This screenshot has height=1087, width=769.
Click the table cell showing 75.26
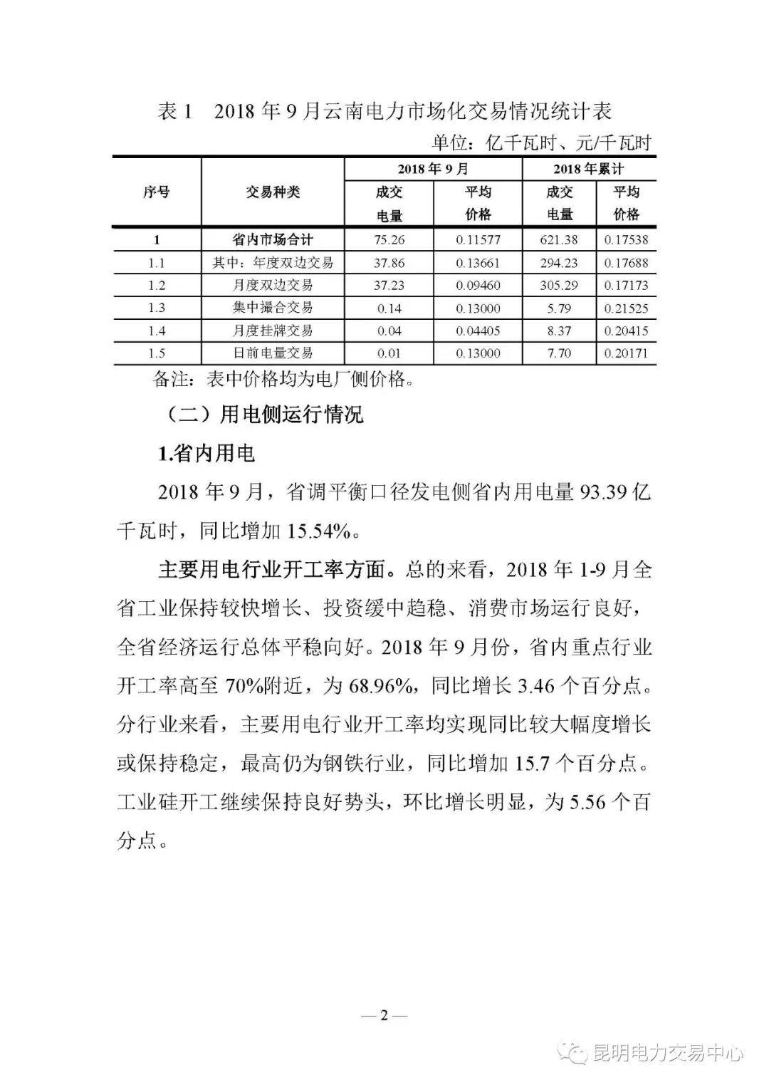click(389, 240)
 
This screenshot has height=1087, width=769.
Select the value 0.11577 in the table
click(478, 240)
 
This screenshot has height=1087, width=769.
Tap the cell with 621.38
click(559, 240)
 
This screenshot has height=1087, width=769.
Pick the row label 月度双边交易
click(273, 285)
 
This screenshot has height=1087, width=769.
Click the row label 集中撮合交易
click(273, 308)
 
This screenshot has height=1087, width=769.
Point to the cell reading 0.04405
click(478, 331)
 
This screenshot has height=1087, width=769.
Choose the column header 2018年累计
click(589, 170)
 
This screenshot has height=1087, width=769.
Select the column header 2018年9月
click(433, 170)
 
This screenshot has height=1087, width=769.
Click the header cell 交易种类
click(273, 192)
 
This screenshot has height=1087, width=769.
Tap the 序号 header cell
click(157, 192)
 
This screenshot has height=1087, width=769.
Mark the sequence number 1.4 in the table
click(157, 331)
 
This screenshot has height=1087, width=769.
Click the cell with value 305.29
click(559, 285)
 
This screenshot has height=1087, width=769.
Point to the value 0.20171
click(626, 353)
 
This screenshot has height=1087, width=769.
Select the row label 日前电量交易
click(273, 353)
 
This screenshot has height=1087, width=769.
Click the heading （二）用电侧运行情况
click(258, 415)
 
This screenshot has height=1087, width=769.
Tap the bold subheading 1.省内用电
click(206, 453)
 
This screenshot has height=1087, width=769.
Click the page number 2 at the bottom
click(384, 1015)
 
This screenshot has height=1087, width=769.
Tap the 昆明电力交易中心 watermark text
click(667, 1052)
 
